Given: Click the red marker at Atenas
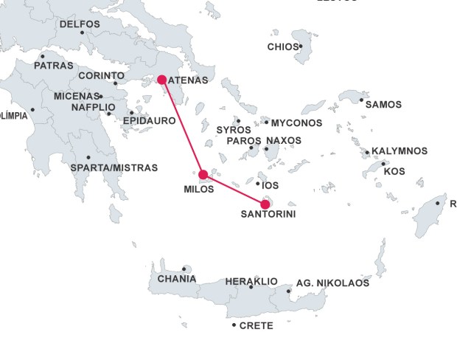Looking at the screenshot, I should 161,80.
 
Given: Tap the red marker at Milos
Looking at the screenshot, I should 203,175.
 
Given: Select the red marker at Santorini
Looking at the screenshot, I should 265,204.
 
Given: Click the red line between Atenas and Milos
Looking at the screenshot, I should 182,127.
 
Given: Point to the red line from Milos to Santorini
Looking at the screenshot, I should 234,190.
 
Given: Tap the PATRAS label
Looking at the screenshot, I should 53,66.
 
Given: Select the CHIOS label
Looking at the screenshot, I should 283,47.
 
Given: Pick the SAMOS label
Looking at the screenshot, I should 383,105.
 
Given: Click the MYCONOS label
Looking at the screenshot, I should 297,122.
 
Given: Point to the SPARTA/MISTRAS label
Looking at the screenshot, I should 114,168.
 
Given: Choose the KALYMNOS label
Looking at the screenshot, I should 400,151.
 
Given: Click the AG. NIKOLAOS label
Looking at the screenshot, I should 332,283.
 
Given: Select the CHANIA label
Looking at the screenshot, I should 177,279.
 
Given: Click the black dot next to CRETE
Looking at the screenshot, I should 234,325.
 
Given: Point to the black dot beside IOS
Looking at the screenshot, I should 258,184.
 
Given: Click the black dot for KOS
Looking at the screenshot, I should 383,164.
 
